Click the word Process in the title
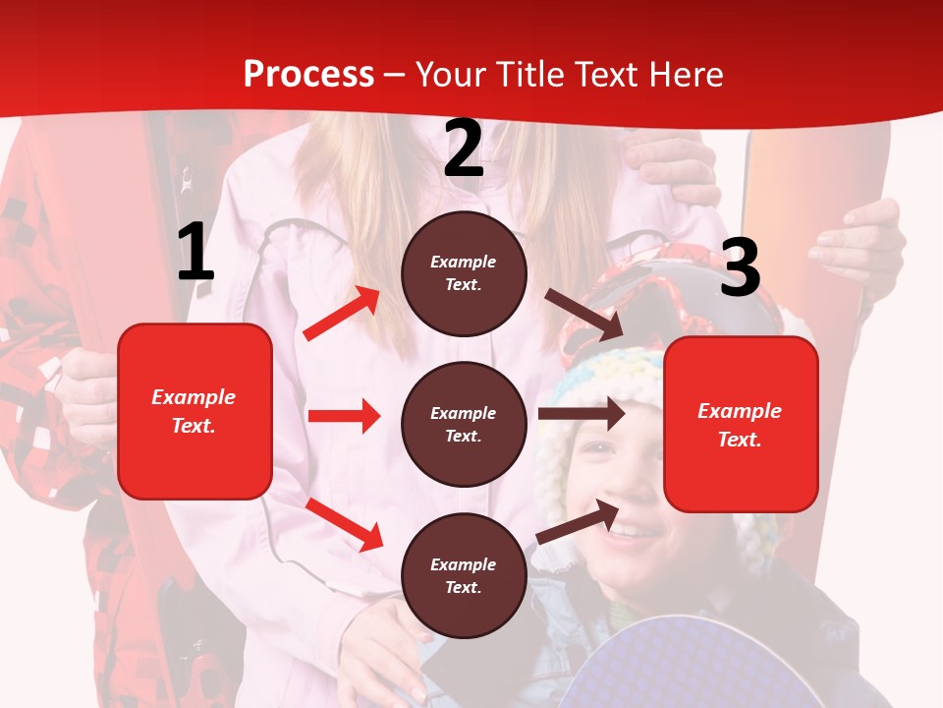click(308, 75)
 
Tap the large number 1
click(194, 254)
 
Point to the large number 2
click(464, 149)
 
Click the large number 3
click(740, 268)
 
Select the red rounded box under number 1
click(194, 411)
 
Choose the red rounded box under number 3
click(741, 425)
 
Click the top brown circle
click(464, 273)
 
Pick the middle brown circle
click(464, 424)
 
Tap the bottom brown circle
click(464, 575)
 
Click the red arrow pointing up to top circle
click(342, 314)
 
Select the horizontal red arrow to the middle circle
click(344, 416)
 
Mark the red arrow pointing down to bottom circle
click(344, 523)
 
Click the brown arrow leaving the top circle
click(584, 314)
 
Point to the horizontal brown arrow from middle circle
click(582, 414)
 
